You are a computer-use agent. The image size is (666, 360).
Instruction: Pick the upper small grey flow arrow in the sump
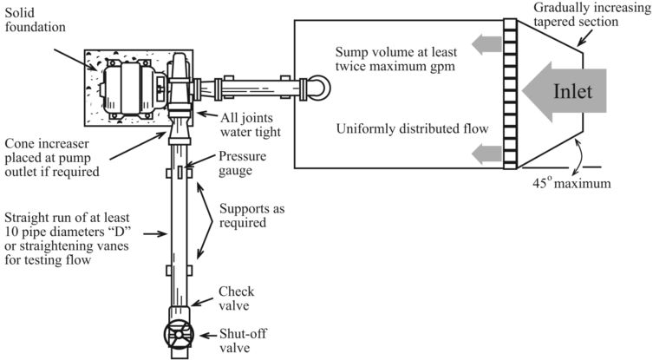pyautogui.click(x=487, y=41)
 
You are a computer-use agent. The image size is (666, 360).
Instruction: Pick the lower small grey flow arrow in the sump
pyautogui.click(x=487, y=155)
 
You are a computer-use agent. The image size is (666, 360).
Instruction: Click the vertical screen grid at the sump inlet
pyautogui.click(x=510, y=95)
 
